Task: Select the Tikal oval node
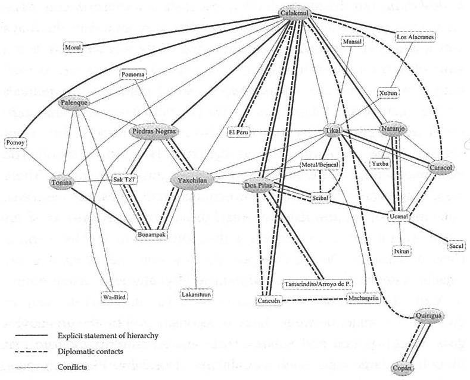[x=332, y=130]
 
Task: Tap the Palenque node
[x=74, y=103]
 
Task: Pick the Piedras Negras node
[x=153, y=131]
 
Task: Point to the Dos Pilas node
[x=258, y=186]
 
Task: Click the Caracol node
[x=441, y=168]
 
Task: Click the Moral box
[x=73, y=46]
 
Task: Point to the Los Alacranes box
[x=416, y=37]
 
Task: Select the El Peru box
[x=240, y=132]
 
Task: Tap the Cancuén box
[x=269, y=302]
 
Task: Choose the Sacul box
[x=456, y=245]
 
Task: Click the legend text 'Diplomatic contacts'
[x=90, y=351]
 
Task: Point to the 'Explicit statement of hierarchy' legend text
[x=107, y=335]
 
